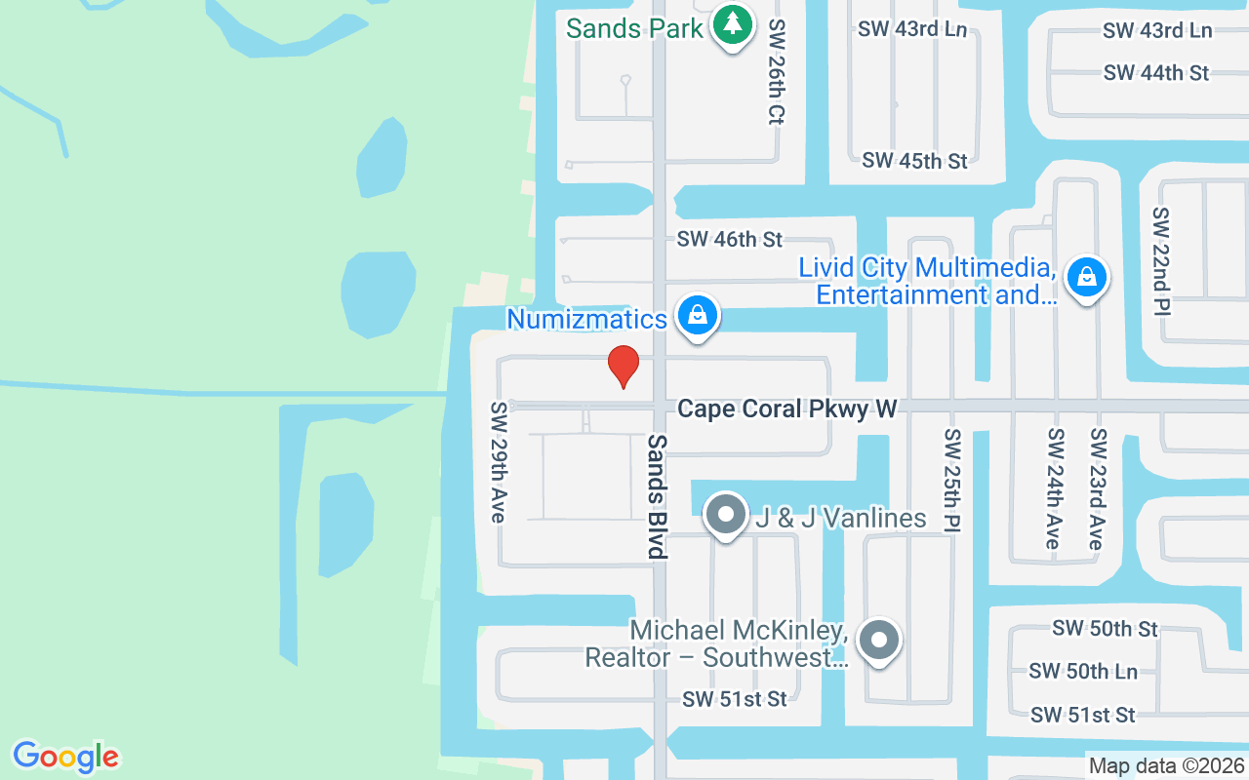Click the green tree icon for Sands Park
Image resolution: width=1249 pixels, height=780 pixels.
(x=732, y=24)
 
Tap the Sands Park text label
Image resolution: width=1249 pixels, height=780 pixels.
(x=634, y=28)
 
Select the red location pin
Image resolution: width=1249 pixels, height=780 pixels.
(x=624, y=367)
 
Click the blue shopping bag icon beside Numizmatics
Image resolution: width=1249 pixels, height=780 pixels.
(x=698, y=316)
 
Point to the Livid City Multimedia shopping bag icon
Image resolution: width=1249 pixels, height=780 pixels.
(x=1086, y=278)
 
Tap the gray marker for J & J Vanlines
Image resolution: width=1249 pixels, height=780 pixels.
(x=725, y=515)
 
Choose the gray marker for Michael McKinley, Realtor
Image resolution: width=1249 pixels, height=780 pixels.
(x=879, y=641)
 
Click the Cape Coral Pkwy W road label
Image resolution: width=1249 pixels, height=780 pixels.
(x=786, y=409)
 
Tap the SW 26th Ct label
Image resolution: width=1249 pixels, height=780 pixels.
(x=777, y=71)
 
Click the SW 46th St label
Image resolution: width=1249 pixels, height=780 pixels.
(x=730, y=239)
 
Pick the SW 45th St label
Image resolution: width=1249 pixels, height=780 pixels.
(x=914, y=161)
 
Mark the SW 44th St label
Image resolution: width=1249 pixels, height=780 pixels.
(x=1156, y=73)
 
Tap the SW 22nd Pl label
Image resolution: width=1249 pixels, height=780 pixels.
(x=1161, y=260)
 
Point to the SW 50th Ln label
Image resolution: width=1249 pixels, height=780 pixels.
(x=1083, y=671)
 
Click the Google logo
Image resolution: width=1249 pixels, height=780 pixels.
(x=65, y=757)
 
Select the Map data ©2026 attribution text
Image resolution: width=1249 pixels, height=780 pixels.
(x=1167, y=766)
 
